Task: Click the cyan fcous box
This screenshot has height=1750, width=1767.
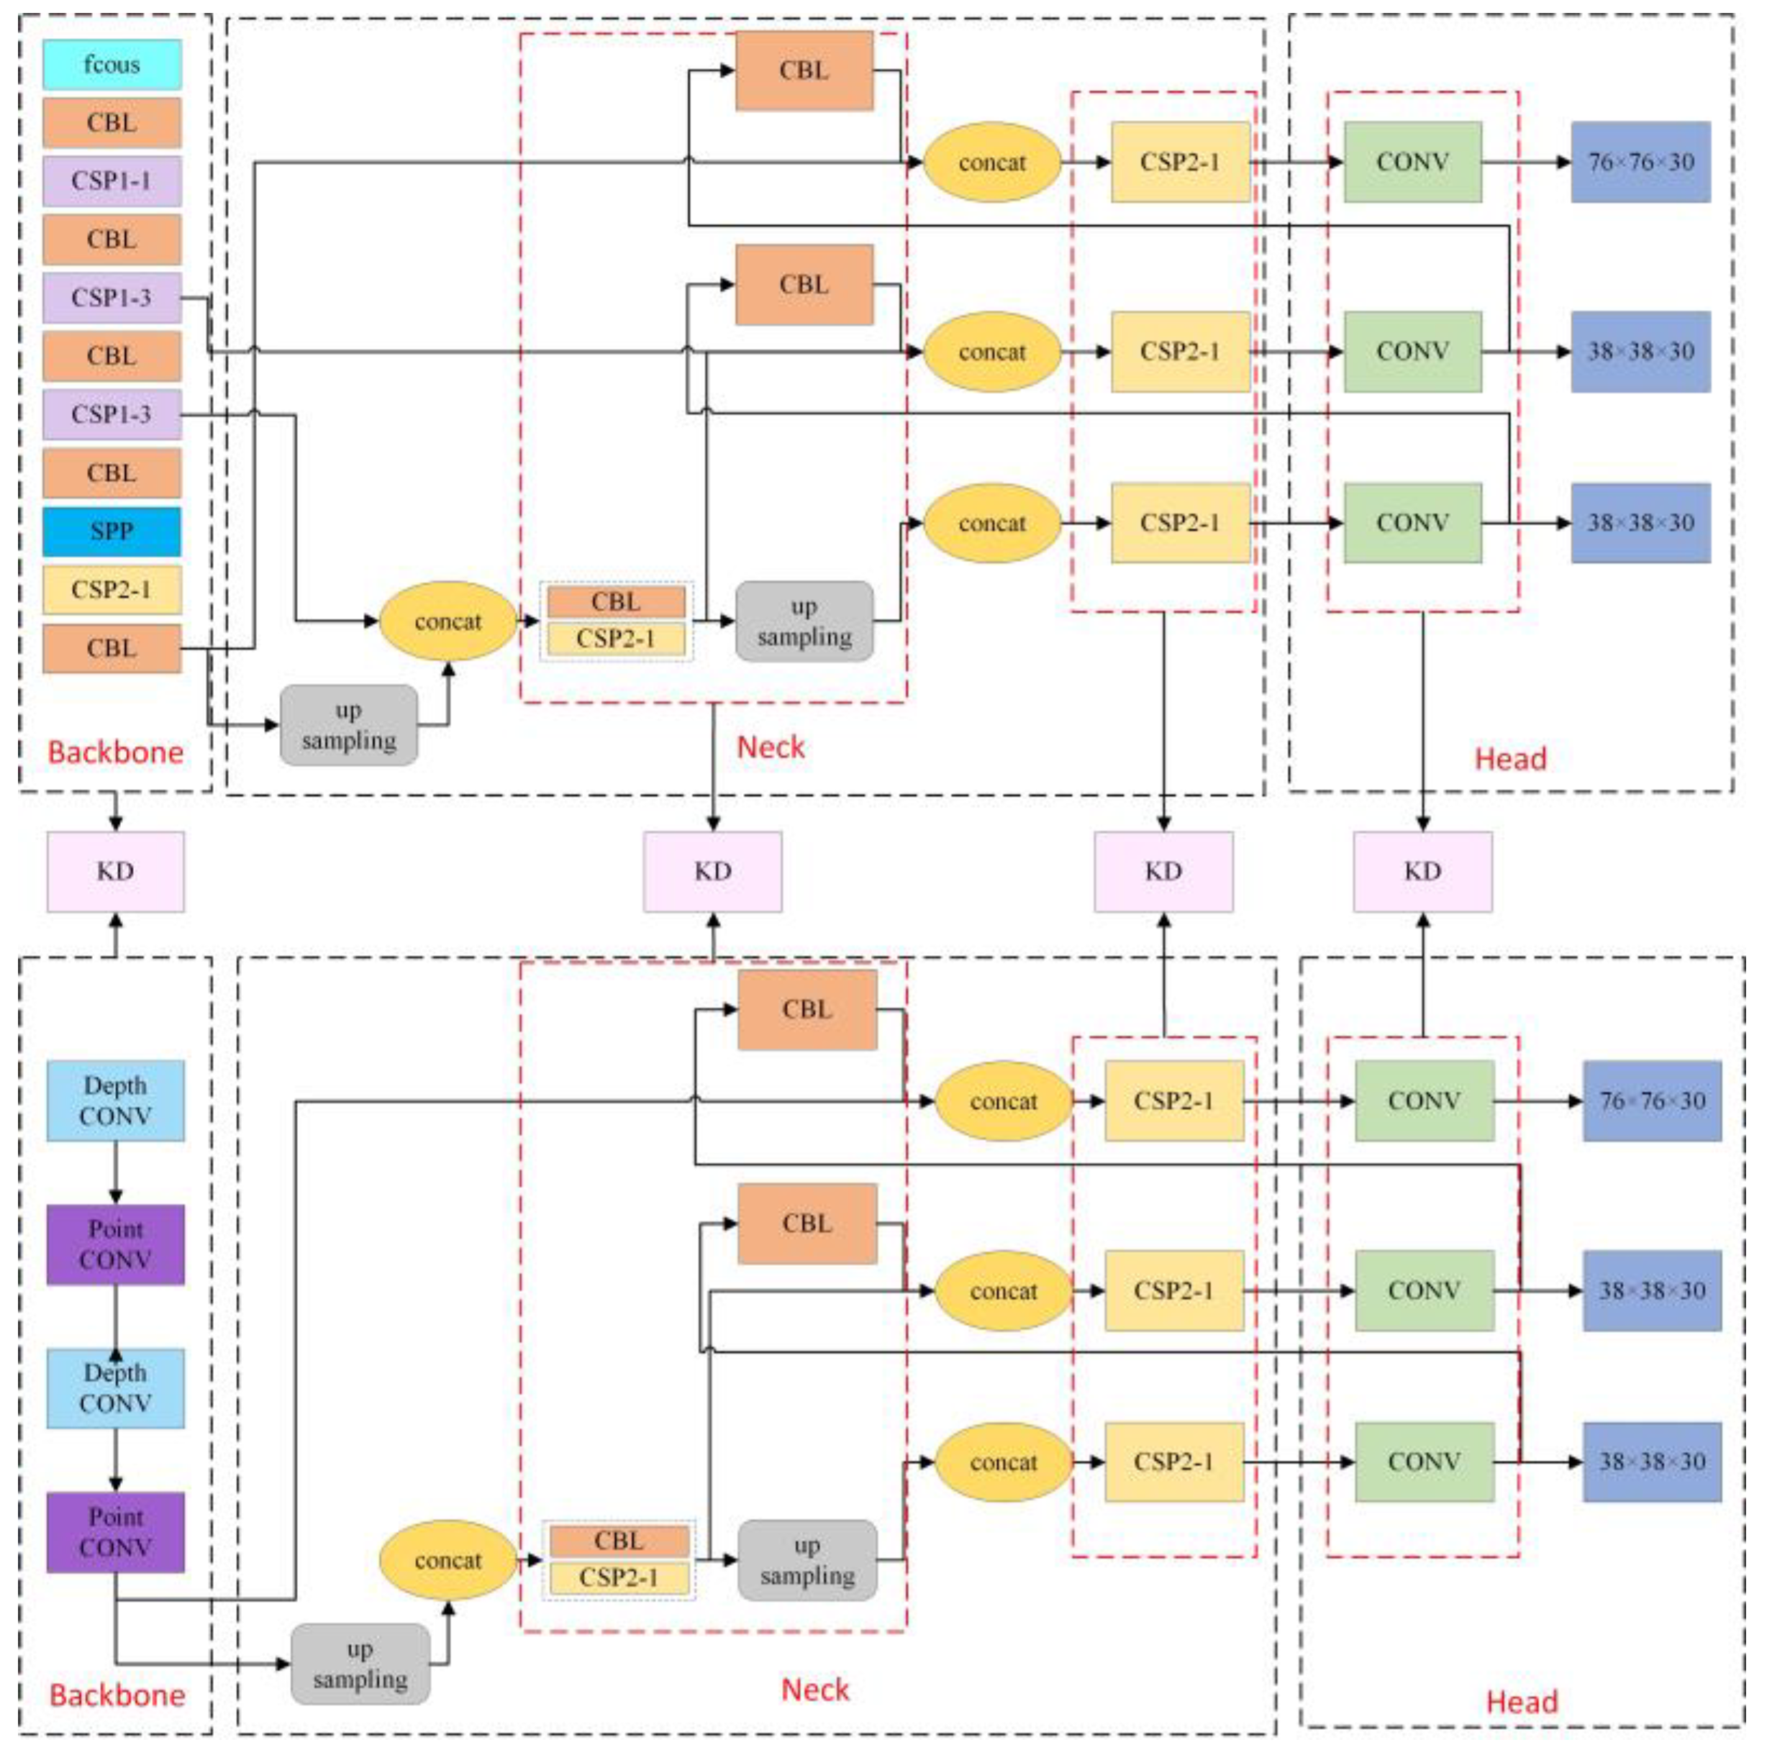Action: (112, 64)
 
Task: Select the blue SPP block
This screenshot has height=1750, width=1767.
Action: (112, 532)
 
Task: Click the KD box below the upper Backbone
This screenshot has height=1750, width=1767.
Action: (115, 871)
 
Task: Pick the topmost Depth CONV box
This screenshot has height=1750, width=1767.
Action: (115, 1100)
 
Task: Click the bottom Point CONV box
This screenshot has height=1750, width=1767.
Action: (115, 1532)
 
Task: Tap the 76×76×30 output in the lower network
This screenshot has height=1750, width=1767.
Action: (1652, 1100)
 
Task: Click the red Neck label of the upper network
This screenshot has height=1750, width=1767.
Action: (771, 747)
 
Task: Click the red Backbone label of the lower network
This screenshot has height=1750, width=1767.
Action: (117, 1695)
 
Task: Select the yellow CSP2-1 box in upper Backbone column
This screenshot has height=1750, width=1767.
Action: (112, 590)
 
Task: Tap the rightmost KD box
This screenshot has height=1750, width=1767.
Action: (1422, 871)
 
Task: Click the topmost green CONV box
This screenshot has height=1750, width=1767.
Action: (1412, 162)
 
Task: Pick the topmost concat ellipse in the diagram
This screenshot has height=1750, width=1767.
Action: (992, 162)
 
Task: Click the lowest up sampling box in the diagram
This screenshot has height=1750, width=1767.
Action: (360, 1664)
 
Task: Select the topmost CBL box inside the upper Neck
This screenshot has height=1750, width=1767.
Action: (804, 70)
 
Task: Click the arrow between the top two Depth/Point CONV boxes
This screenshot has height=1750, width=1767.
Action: (115, 1172)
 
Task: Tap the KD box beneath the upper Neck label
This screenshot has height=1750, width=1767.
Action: (712, 871)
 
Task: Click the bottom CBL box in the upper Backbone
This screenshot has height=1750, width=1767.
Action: (112, 648)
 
